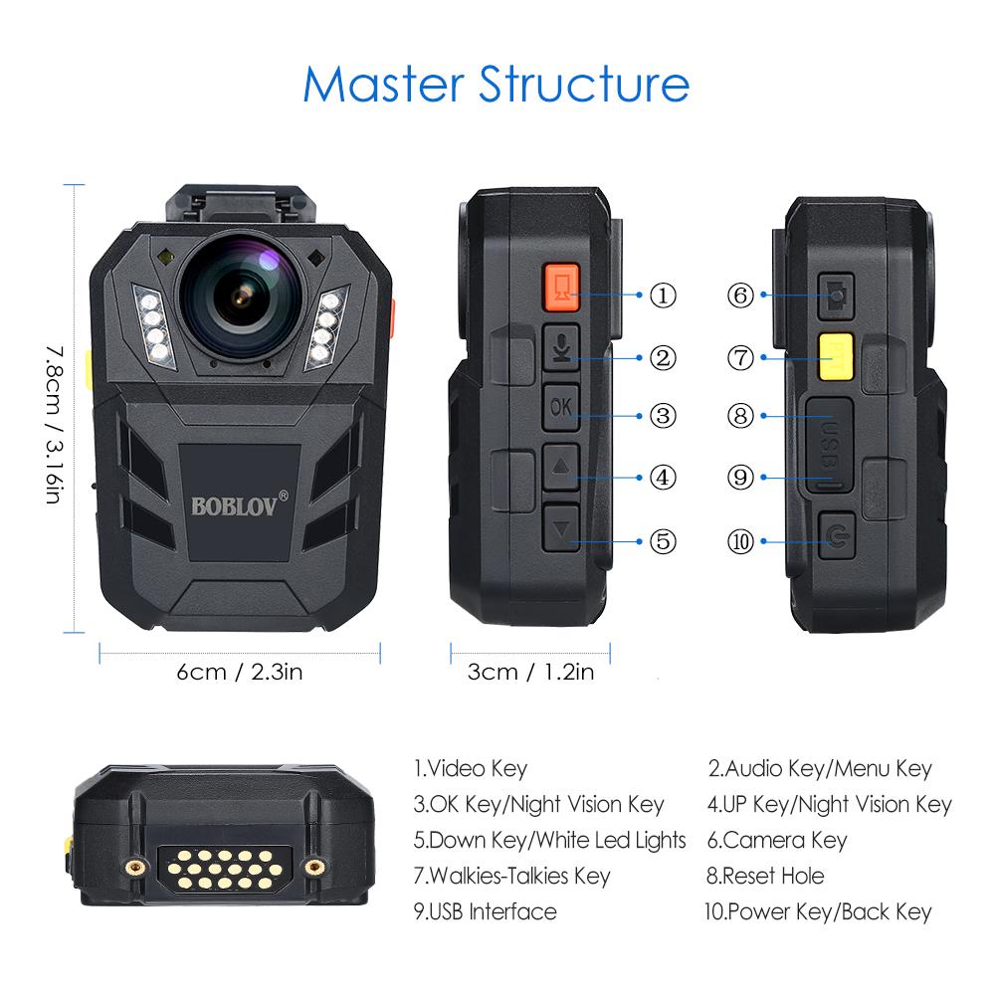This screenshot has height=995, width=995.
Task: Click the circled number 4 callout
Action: (x=663, y=477)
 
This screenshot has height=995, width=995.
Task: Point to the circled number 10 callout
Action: (x=741, y=541)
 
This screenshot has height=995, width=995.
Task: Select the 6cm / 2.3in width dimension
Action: (x=239, y=672)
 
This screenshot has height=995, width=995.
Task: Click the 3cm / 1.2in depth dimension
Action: (x=530, y=672)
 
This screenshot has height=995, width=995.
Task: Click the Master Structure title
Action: (x=496, y=85)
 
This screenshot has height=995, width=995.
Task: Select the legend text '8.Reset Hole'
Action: (x=765, y=876)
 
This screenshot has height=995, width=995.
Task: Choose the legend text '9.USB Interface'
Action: (x=485, y=911)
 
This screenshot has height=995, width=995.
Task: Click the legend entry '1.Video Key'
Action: (x=470, y=768)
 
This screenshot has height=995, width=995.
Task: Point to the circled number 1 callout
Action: (x=663, y=295)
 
